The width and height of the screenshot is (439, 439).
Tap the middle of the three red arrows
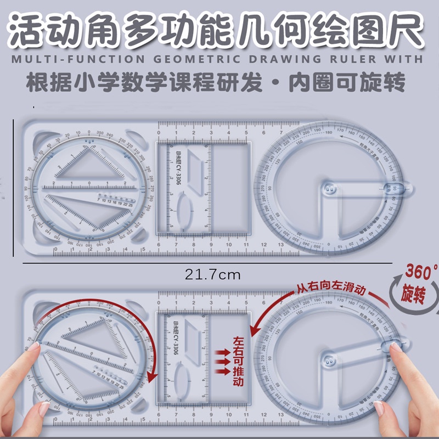coord(222,362)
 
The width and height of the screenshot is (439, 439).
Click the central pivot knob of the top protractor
coord(330,189)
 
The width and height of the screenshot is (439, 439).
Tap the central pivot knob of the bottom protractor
coord(330,361)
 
